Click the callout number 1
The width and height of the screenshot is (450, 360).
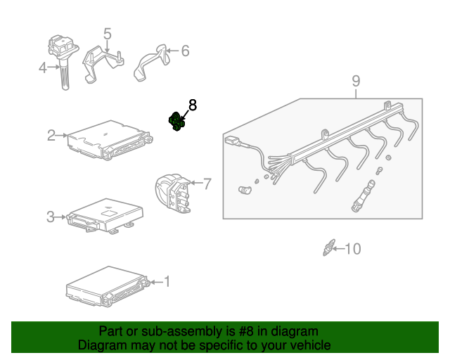[x=167, y=282]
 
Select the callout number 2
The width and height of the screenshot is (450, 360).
[x=51, y=135]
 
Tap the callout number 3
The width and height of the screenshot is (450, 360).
[x=50, y=217]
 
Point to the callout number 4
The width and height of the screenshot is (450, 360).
[x=43, y=68]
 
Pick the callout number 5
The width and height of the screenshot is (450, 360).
[x=108, y=34]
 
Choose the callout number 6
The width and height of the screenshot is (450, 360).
[x=185, y=51]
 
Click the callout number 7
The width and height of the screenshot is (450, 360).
[x=207, y=184]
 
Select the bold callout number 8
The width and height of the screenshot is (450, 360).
[x=192, y=105]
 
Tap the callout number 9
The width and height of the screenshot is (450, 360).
[x=356, y=81]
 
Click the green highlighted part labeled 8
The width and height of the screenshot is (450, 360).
[x=176, y=122]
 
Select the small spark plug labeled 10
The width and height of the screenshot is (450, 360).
[x=327, y=247]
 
